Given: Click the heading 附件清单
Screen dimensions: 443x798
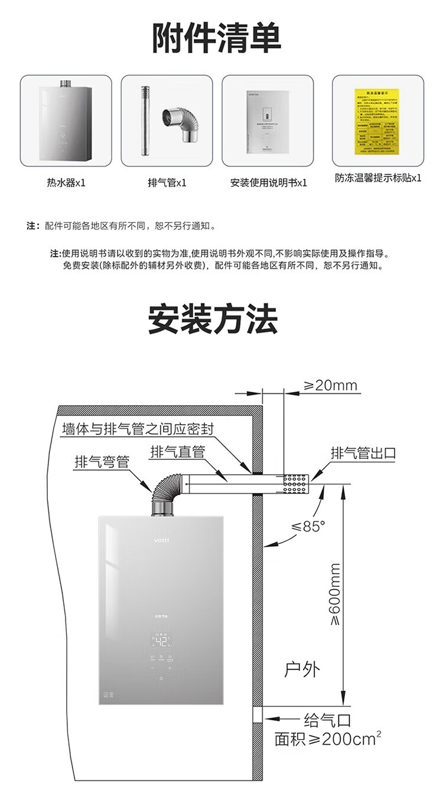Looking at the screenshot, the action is [x=217, y=38].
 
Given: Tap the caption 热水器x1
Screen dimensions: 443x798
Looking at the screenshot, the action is [x=66, y=183].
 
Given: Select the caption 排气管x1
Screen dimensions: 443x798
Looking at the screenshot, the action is [x=167, y=183].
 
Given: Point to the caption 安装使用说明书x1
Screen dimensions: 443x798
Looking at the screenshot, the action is [x=269, y=183].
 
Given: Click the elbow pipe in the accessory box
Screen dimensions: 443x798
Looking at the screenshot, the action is [x=183, y=124].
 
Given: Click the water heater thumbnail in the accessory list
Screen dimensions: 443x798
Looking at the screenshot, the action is [x=66, y=121].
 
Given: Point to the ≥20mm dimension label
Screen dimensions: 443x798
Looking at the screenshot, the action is [x=331, y=386].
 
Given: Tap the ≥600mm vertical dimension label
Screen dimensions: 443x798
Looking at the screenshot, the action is [x=335, y=593].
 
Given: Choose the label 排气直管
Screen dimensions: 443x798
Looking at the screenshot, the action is [x=177, y=452].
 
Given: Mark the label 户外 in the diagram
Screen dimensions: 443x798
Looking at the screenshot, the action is [x=302, y=669].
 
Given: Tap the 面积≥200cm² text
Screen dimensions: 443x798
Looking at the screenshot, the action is [x=326, y=739].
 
